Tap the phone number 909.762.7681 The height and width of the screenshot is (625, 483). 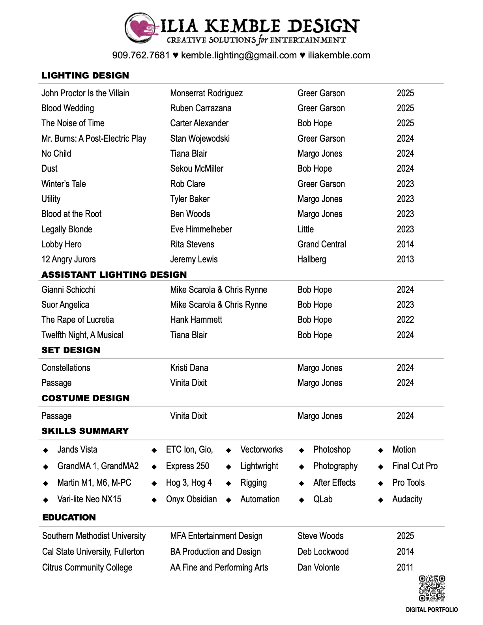[141, 55]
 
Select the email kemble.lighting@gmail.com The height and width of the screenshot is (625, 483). [239, 55]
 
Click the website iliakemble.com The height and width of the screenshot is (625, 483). [339, 55]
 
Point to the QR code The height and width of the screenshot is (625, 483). [432, 588]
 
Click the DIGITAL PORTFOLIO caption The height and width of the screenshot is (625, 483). [432, 610]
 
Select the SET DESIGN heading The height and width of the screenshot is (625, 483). [71, 350]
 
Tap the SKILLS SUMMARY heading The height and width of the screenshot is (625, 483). [85, 431]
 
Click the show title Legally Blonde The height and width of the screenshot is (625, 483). [67, 229]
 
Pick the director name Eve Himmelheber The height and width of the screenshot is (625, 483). [201, 229]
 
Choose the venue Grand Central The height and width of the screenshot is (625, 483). [322, 244]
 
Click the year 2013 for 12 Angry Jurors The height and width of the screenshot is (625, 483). [405, 259]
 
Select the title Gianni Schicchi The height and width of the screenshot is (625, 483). [68, 290]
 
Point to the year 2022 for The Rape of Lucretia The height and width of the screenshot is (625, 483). [405, 320]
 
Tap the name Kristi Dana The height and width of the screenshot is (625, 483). [189, 368]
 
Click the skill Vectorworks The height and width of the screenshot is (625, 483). [261, 449]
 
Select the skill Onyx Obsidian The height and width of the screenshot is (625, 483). [191, 499]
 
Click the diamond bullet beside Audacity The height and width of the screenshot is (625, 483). [381, 500]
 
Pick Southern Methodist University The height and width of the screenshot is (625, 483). [94, 536]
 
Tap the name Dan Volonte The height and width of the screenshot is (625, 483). [318, 567]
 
